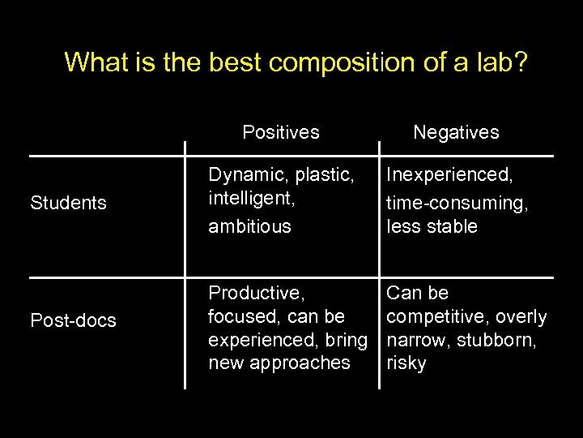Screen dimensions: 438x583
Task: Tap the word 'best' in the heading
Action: point(240,62)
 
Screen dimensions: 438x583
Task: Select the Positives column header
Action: point(281,131)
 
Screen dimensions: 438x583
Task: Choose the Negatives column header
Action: point(456,131)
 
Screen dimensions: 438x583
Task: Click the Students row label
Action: point(68,203)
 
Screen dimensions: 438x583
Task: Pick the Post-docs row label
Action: point(73,320)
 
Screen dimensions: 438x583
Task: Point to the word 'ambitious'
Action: point(249,226)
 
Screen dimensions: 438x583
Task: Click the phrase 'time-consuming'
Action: point(457,204)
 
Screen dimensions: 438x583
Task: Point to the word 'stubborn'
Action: point(496,339)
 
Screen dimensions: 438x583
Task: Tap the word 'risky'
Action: point(406,363)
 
